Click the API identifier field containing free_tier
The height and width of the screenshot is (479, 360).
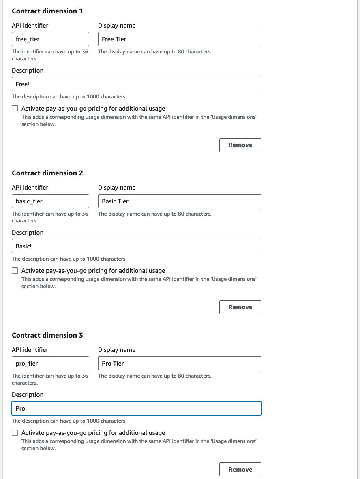(50, 39)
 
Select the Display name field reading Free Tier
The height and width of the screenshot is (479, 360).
(180, 39)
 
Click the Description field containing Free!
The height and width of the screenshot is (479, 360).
(136, 84)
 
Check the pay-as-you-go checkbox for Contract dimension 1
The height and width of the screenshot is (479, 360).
(15, 109)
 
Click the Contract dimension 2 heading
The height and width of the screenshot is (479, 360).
(47, 173)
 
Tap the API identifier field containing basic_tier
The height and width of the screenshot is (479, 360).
(50, 201)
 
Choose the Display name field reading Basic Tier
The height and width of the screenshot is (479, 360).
(180, 201)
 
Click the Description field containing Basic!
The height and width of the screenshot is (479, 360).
(136, 246)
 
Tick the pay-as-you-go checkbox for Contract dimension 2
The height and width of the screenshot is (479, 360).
(15, 271)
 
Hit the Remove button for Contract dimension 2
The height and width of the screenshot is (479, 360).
(240, 307)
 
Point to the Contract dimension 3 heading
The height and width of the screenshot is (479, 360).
(47, 335)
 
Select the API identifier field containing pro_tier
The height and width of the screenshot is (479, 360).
(50, 364)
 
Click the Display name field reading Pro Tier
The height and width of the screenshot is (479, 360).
(180, 364)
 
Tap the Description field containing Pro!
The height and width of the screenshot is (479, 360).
(136, 408)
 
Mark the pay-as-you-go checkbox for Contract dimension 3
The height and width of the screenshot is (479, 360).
(15, 433)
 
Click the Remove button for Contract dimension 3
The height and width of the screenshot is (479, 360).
(240, 469)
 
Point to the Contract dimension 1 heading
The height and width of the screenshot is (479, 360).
(47, 11)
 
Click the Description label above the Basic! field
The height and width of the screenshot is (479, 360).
(28, 233)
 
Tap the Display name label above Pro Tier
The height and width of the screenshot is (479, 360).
(117, 350)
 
